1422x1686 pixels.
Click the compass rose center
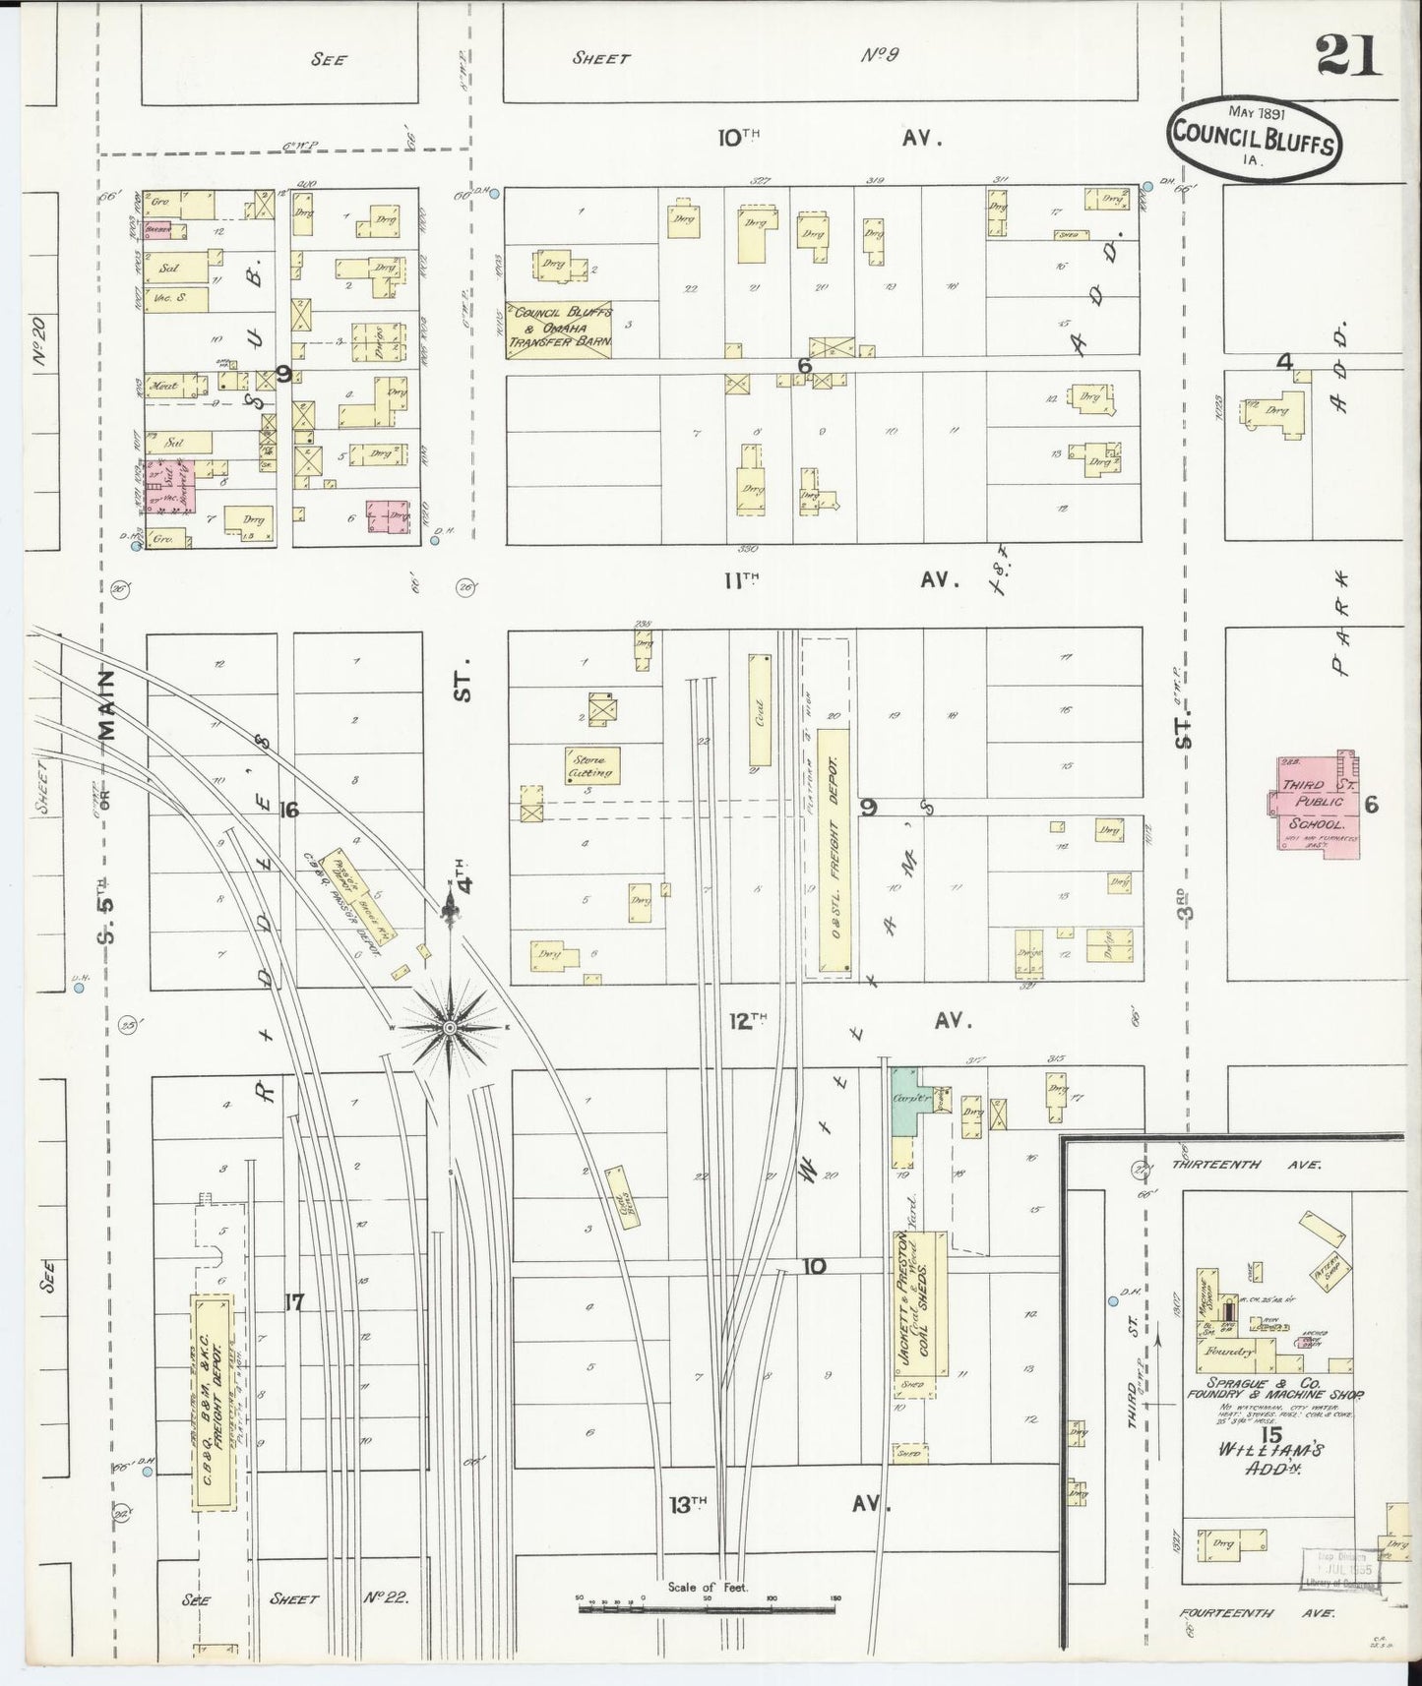(x=450, y=1027)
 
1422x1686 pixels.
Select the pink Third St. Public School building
(x=1314, y=803)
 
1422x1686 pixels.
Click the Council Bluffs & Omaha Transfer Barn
(x=559, y=330)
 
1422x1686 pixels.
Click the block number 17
(x=293, y=1302)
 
